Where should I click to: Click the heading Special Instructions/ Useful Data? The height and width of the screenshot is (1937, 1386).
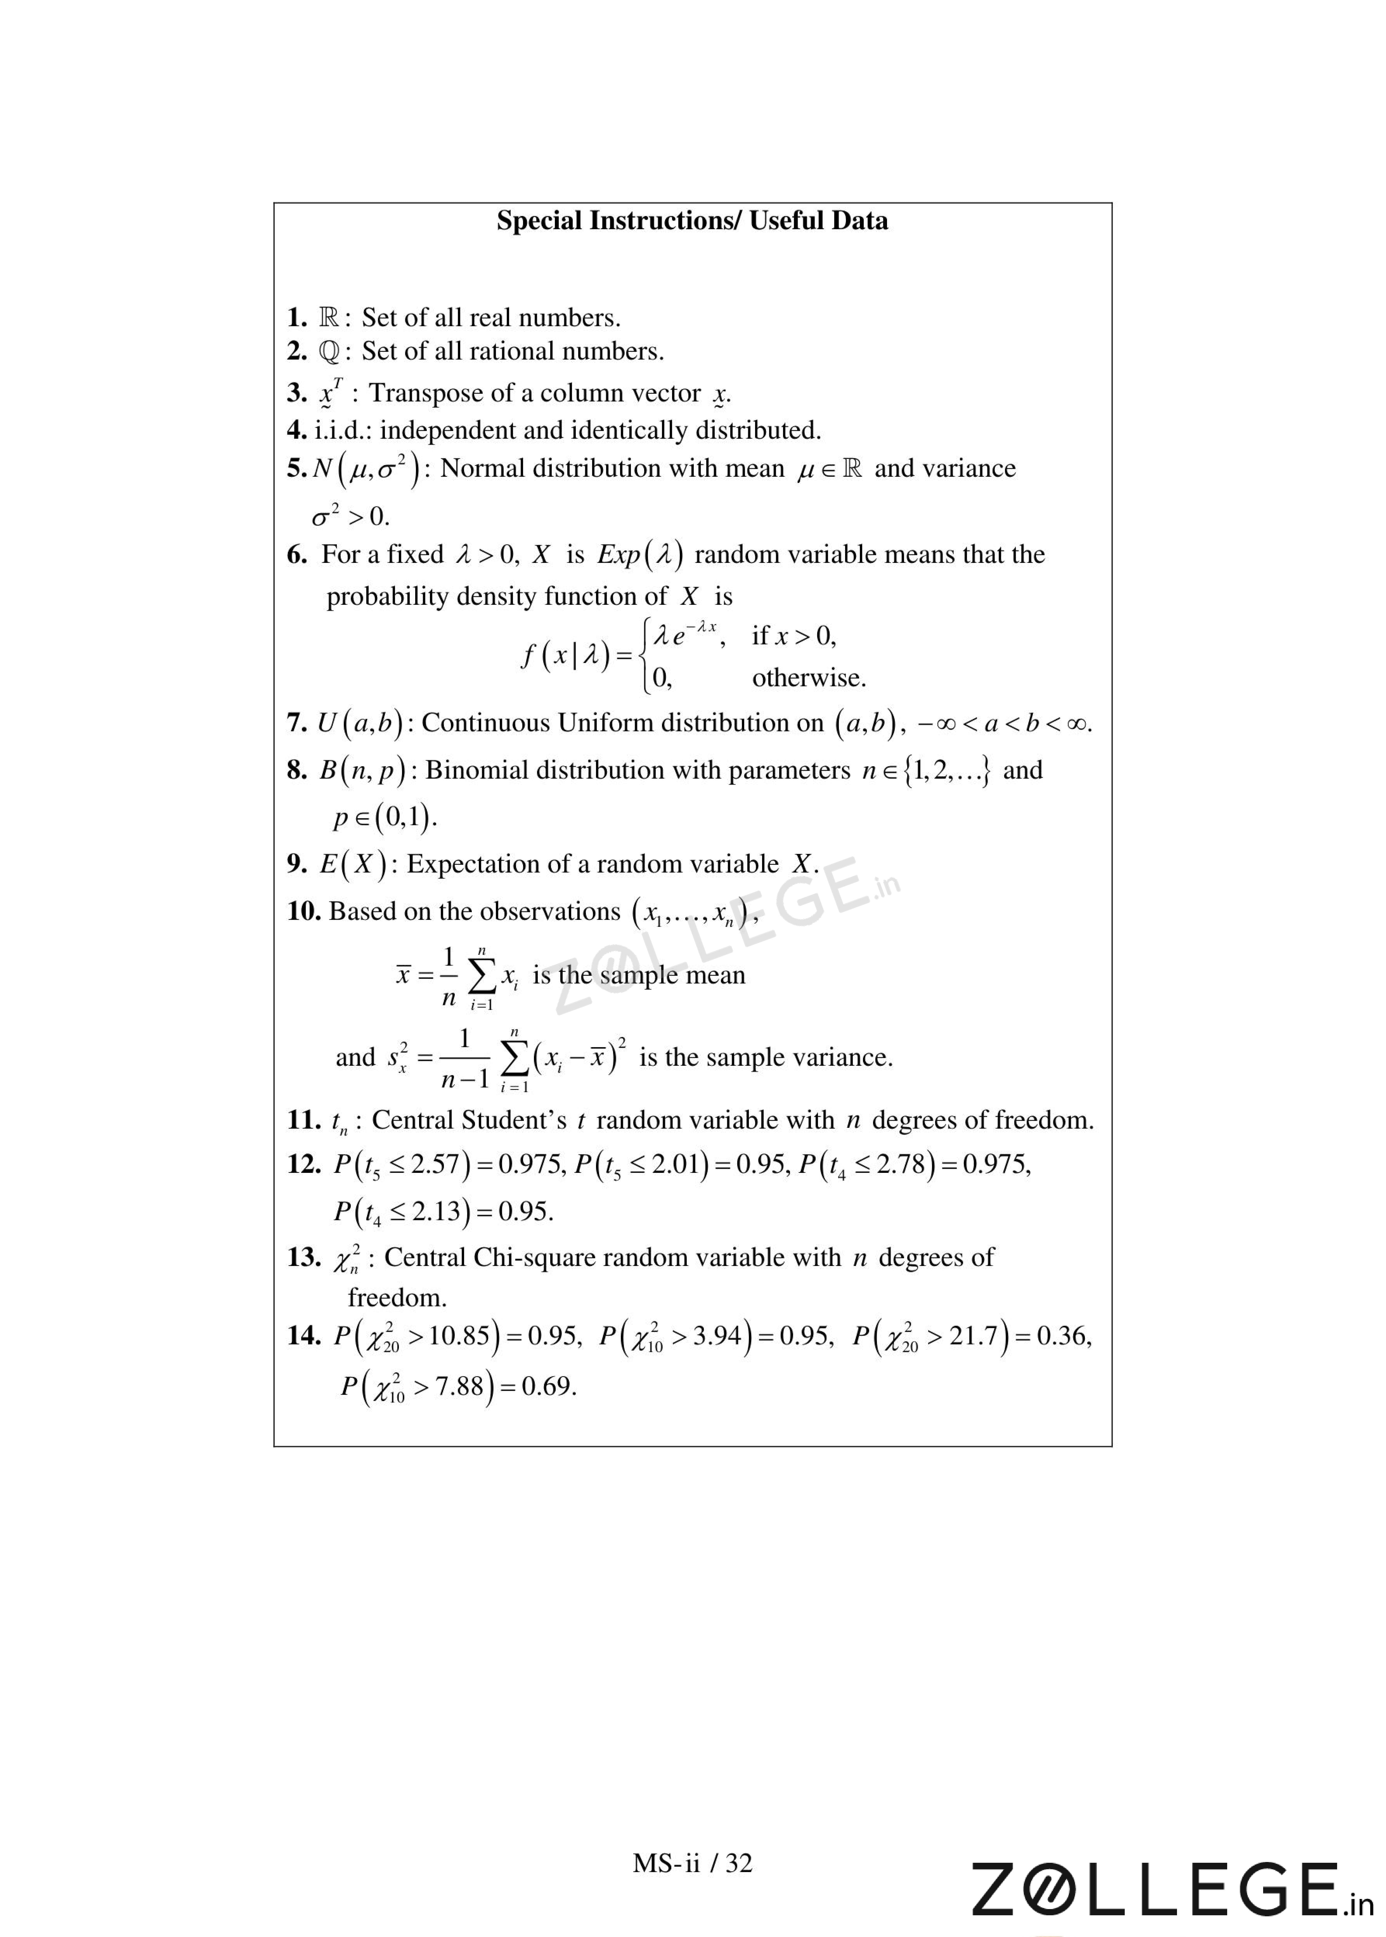pos(692,221)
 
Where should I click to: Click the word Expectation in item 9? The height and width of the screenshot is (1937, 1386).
pos(477,865)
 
